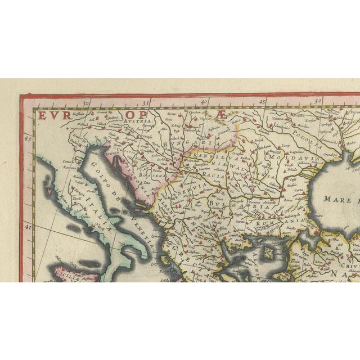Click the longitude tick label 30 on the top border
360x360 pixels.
click(x=86, y=103)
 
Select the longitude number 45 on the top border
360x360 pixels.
click(x=262, y=103)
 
